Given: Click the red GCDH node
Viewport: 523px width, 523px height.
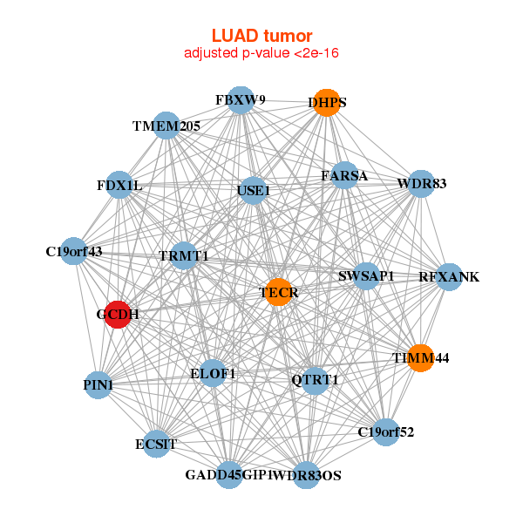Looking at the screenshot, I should click(x=118, y=314).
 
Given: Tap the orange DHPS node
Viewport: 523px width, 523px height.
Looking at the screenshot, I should click(x=327, y=102).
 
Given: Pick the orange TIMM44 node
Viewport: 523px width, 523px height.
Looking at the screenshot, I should click(x=420, y=357).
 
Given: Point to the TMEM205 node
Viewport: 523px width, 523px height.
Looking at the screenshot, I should click(x=166, y=126).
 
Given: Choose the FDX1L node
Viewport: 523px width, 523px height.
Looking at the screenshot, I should click(x=119, y=186).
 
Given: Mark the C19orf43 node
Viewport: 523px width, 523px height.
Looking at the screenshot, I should click(x=74, y=252).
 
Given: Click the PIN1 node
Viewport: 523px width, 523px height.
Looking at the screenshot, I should click(x=98, y=384).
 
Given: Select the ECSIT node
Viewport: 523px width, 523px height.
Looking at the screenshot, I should click(x=157, y=444).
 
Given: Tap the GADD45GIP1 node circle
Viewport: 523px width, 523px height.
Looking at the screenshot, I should click(x=229, y=475).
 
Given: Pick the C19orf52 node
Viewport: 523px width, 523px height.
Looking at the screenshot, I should click(x=386, y=431).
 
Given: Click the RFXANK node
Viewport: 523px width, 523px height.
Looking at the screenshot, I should click(x=449, y=277).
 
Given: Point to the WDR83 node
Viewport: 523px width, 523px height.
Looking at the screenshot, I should click(x=422, y=184).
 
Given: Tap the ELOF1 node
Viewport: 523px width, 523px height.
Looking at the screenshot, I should click(x=213, y=373).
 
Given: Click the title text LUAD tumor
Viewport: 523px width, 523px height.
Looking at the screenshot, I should click(x=261, y=36).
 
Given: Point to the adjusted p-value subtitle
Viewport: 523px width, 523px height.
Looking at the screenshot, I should click(x=261, y=54).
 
